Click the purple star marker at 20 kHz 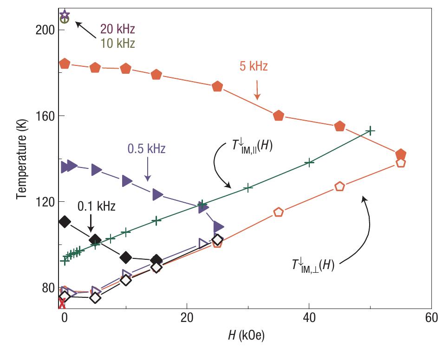tap(65, 14)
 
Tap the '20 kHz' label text tap(117, 30)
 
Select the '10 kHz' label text tap(117, 44)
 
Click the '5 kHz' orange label tap(253, 66)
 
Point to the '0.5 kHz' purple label tap(146, 149)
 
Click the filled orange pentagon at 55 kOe tap(401, 154)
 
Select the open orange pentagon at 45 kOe tap(340, 186)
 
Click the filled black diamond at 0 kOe tap(65, 222)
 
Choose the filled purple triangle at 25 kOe tap(218, 227)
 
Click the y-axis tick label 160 tap(45, 116)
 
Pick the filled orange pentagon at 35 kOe tap(279, 116)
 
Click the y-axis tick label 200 tap(45, 30)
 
